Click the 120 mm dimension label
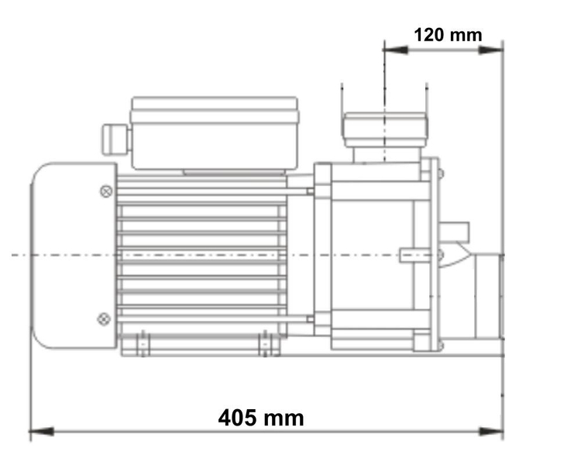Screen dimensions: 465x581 pos(447,35)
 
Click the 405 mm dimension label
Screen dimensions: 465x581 pos(260,418)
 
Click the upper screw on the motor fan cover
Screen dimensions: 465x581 pos(105,190)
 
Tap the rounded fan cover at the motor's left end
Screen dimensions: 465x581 pos(71,254)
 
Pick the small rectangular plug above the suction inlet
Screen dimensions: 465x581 pos(456,230)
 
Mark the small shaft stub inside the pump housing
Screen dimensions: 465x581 pos(410,253)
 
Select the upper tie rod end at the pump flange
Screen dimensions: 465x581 pos(310,191)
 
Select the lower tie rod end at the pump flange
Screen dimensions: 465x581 pos(310,318)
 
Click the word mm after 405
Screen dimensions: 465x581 pos(283,418)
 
